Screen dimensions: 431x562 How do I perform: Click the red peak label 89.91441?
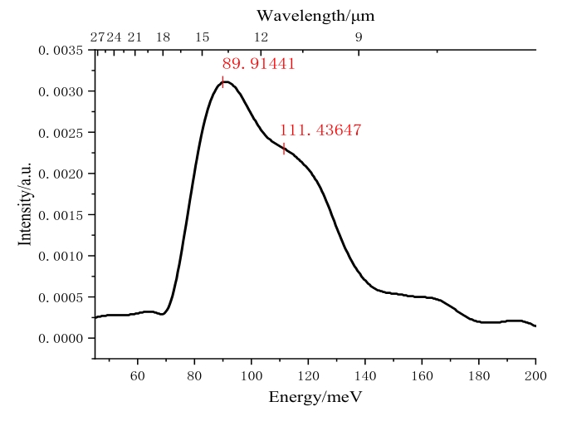coord(258,63)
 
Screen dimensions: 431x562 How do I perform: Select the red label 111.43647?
coord(320,130)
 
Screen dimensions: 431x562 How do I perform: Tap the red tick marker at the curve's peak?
coord(222,81)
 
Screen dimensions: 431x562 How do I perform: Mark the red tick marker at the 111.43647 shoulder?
coord(284,149)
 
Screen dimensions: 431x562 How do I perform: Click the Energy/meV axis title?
coord(315,397)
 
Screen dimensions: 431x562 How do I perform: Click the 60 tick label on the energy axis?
coord(138,374)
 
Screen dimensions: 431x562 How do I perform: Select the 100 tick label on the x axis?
coord(252,374)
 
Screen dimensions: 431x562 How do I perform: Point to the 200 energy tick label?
coord(535,374)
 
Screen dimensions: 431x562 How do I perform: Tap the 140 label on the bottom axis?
coord(365,374)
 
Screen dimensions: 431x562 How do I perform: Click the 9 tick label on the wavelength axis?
coord(359,37)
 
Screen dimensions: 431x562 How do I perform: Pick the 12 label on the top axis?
coord(261,37)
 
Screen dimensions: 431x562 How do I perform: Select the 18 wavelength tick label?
coord(163,37)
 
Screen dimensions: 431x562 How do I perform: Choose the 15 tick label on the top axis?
coord(202,37)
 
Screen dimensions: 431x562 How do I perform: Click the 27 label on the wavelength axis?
coord(97,37)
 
